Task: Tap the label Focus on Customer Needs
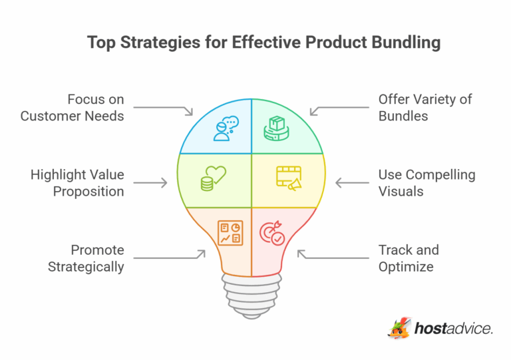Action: [72, 108]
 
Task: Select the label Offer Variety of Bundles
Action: [425, 108]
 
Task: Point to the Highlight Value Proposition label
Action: [77, 183]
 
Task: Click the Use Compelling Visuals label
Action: [426, 183]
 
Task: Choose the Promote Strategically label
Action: [88, 258]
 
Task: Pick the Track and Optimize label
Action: [409, 258]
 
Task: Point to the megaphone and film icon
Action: [289, 178]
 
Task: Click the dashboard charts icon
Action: [230, 232]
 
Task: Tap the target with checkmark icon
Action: [271, 233]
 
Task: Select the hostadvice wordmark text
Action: [453, 329]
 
